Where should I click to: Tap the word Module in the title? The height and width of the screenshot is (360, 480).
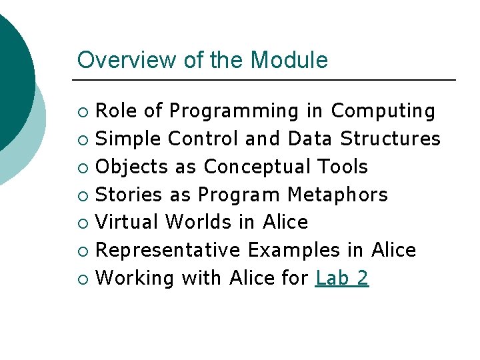coord(289,60)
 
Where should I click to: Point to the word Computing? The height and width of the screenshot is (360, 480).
coord(383,111)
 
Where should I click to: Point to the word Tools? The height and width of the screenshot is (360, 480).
coord(343,167)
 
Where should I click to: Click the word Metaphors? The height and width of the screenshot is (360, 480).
coord(337,195)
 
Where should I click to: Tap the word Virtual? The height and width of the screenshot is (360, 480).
coord(127,222)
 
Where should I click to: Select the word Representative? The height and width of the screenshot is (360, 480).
coord(168,250)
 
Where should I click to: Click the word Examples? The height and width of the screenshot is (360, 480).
coord(294,250)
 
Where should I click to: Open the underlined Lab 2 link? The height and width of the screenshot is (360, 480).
coord(342,278)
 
